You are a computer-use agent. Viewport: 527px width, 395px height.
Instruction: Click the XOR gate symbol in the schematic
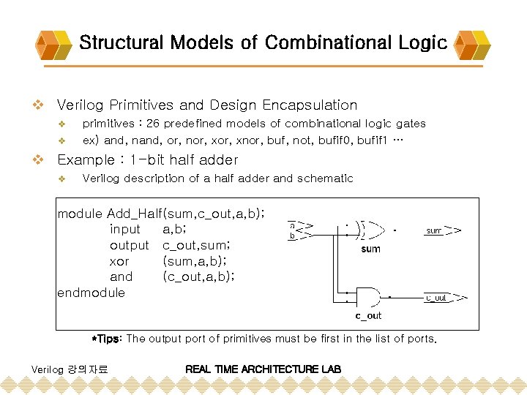[371, 230]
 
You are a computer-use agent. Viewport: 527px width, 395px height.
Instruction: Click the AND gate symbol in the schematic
[368, 297]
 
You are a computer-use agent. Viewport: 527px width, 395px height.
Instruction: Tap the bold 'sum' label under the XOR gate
[370, 249]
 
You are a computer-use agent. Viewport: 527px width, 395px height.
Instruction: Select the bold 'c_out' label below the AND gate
[368, 316]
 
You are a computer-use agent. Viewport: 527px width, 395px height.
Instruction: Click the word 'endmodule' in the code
[91, 293]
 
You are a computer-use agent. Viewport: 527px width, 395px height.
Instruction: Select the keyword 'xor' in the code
[119, 261]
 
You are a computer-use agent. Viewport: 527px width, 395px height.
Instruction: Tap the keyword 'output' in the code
[129, 245]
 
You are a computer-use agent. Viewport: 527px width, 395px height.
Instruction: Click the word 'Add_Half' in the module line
[134, 214]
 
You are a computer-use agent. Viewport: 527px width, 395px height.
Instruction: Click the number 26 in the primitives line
[153, 124]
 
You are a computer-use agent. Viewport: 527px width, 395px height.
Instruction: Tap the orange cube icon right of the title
[471, 44]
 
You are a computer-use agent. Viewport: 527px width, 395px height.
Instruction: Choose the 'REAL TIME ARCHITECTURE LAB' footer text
[263, 369]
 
